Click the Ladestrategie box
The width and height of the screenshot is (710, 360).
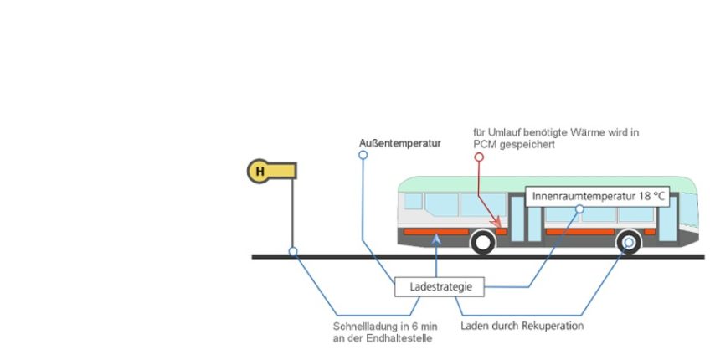[x=440, y=286]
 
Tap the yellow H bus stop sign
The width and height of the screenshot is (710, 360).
[x=271, y=171]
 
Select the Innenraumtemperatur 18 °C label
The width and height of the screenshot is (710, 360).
[x=597, y=197]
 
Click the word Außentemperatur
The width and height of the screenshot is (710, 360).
[x=400, y=143]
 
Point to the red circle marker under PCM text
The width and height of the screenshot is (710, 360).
[x=479, y=157]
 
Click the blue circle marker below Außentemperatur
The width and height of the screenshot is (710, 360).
[x=363, y=155]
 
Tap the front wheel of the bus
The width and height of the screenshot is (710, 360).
[x=483, y=242]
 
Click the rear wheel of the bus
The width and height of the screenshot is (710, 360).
[x=629, y=242]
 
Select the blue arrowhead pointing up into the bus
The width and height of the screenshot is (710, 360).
[x=436, y=239]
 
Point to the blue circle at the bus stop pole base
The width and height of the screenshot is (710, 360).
[x=293, y=251]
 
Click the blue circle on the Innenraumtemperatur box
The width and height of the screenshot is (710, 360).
[x=579, y=208]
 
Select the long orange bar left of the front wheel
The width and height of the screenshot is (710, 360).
[x=436, y=232]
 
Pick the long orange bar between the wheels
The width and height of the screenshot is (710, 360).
[x=580, y=232]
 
